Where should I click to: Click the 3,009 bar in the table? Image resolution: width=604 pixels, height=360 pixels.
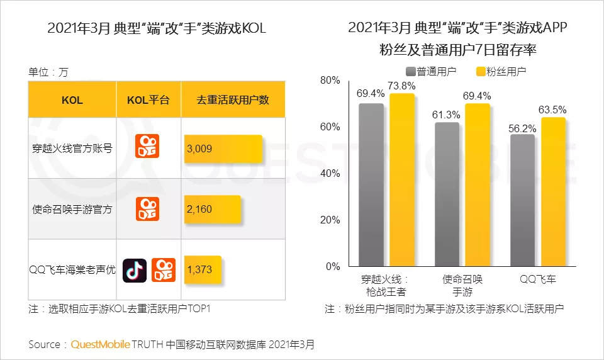pos(223,149)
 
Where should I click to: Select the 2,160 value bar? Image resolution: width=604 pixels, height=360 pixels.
pos(212,209)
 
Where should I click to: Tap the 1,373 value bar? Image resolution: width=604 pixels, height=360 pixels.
pos(202,269)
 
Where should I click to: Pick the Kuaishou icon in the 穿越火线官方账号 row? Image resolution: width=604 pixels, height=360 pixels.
pos(148,147)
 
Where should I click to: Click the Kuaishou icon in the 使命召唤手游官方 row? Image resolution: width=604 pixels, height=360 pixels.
pos(148,209)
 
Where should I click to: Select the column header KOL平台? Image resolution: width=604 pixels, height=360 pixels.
pos(148,100)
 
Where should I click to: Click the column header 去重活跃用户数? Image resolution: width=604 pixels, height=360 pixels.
pos(233,100)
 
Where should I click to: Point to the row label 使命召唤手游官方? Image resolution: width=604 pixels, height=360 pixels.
pos(72,209)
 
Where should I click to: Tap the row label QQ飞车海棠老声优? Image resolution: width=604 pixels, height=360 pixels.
pos(72,270)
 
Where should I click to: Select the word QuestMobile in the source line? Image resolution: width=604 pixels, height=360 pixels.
pos(101,345)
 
